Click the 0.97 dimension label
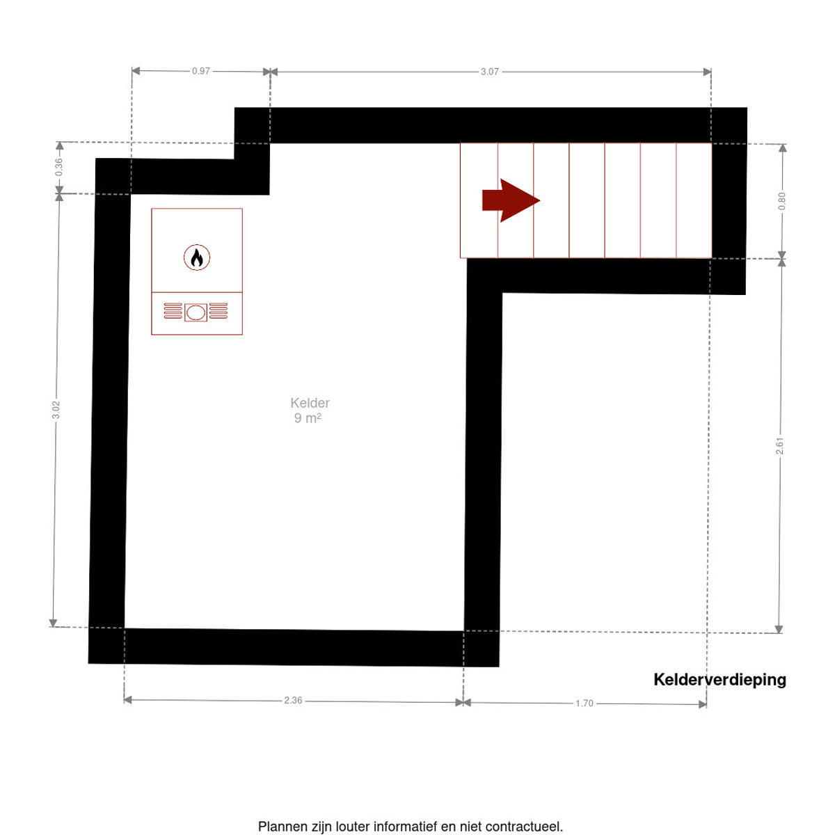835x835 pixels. [200, 71]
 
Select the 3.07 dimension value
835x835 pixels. [489, 72]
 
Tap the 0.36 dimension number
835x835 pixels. [58, 167]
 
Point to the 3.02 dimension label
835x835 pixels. [56, 409]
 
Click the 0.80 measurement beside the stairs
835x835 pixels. [781, 201]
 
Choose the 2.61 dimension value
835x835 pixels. [779, 446]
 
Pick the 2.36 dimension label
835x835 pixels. [293, 700]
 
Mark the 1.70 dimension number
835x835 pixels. [584, 703]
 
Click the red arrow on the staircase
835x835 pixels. [511, 200]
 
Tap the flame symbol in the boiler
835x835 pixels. [197, 257]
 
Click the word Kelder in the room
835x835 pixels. [310, 403]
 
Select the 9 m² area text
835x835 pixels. [308, 418]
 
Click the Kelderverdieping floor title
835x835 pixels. [719, 679]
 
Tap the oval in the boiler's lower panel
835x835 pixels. [196, 312]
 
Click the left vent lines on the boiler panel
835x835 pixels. [173, 310]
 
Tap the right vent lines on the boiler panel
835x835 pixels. [218, 310]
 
